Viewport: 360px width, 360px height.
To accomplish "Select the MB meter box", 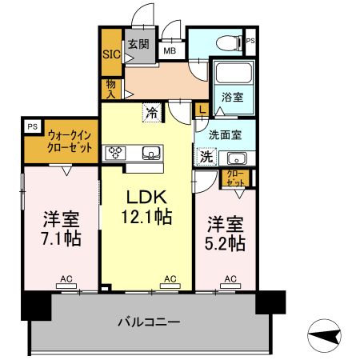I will [x=170, y=50].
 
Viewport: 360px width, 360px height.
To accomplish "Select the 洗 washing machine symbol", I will [x=206, y=157].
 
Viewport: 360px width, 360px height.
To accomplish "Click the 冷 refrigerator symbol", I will [x=151, y=113].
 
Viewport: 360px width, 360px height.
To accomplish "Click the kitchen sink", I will [x=150, y=152].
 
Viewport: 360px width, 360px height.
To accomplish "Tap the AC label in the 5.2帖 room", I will [x=230, y=278].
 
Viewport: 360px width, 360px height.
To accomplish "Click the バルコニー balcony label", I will [x=149, y=322].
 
